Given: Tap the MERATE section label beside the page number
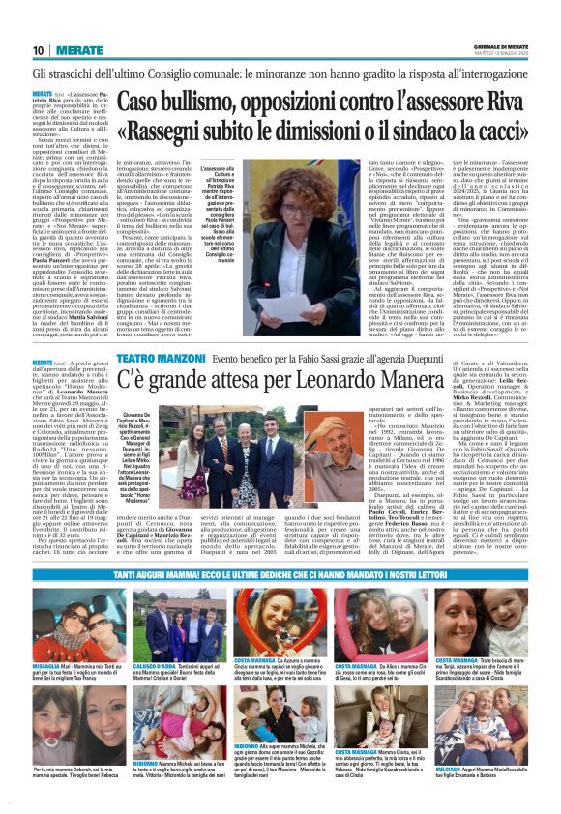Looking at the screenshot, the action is point(73,50).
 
